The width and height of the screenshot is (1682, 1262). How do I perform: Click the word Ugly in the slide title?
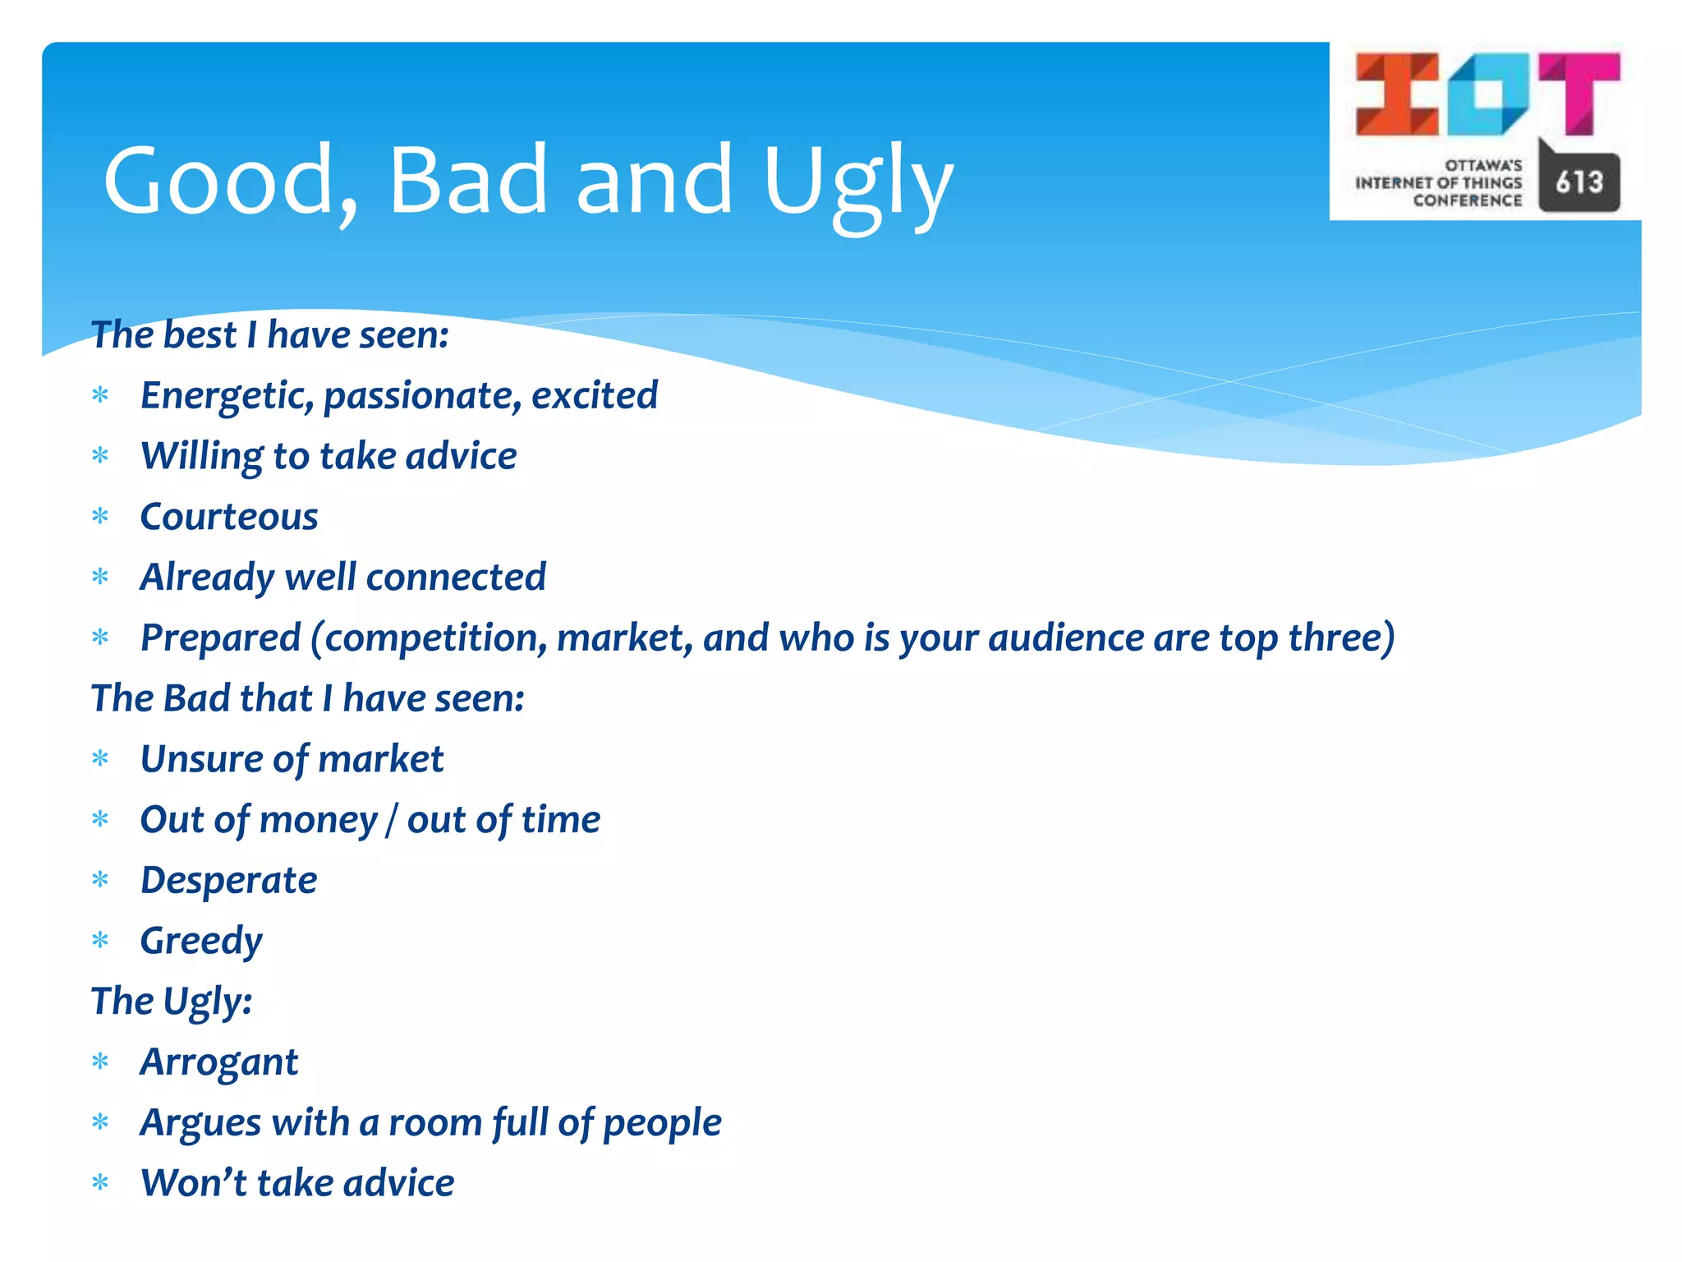click(x=857, y=182)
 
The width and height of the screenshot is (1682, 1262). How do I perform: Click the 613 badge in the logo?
click(x=1579, y=182)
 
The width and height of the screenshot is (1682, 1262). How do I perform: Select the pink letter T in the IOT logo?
click(x=1579, y=92)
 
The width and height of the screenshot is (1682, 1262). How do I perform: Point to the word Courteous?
click(x=229, y=517)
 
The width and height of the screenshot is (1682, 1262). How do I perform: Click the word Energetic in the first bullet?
click(x=227, y=396)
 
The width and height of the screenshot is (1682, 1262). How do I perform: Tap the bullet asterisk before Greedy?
click(x=100, y=940)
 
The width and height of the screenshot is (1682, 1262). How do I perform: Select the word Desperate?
click(x=228, y=880)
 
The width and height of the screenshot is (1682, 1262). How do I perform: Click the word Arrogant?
click(x=219, y=1062)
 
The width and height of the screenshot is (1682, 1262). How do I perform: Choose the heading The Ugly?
click(x=171, y=1002)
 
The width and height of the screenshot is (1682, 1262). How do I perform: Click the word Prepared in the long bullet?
click(x=221, y=638)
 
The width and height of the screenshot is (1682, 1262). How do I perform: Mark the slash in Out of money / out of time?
click(x=392, y=820)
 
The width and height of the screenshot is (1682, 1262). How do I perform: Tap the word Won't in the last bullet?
click(x=194, y=1183)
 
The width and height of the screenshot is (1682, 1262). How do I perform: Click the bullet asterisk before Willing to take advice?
click(x=100, y=456)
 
